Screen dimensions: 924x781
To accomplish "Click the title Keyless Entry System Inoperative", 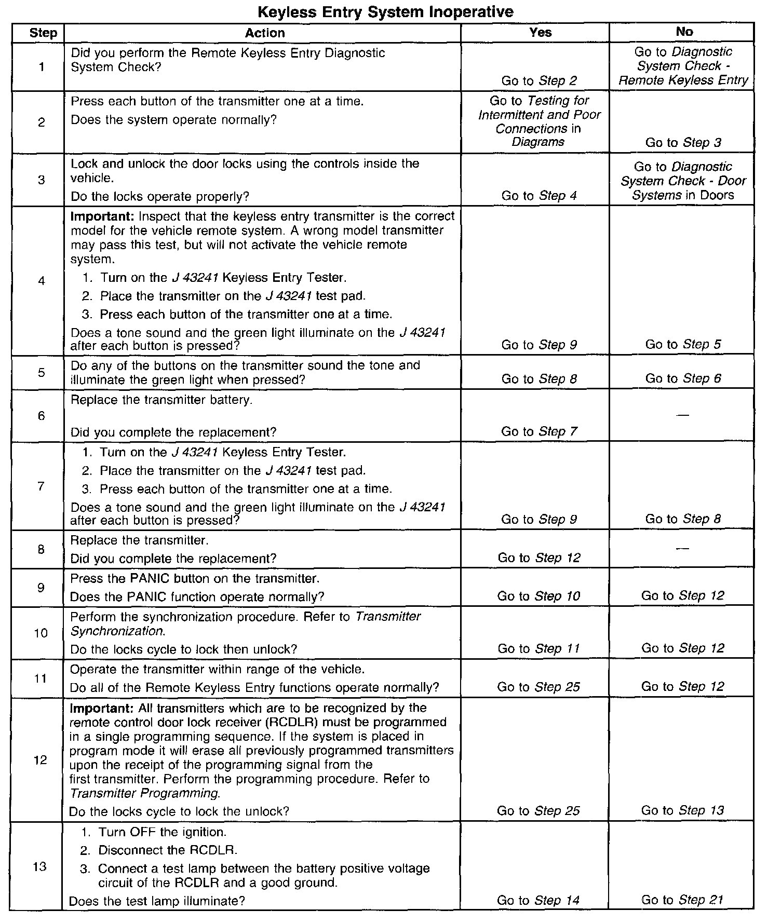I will coord(385,11).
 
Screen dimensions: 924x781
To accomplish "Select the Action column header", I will coord(264,33).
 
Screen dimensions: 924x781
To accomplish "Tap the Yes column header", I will coord(540,32).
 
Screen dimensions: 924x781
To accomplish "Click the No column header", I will coord(684,32).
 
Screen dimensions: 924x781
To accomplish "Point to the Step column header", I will coord(43,33).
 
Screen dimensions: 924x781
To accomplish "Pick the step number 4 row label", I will coord(42,281).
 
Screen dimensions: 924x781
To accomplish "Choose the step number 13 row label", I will coord(40,866).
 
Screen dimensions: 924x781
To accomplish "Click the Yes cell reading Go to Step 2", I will coord(539,80).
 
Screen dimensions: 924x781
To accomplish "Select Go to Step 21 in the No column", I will coord(682,900).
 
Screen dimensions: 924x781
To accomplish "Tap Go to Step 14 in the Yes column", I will coord(538,900).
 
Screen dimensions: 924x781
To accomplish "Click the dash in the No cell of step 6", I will coord(683,415).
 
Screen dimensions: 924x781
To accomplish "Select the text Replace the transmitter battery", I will coord(161,400).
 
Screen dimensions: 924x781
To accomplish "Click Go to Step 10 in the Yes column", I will coord(538,596).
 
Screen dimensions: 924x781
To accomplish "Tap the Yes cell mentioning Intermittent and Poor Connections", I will coord(539,121).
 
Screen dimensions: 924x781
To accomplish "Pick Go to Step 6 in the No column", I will coord(683,378).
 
